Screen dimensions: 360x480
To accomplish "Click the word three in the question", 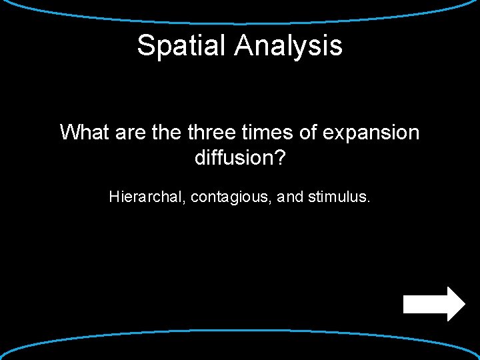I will point(211,132).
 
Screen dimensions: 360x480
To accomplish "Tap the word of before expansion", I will point(308,132).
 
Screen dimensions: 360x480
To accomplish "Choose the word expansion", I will point(371,133).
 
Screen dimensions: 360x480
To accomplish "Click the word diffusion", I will point(234,158).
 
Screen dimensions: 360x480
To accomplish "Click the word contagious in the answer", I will point(227,197).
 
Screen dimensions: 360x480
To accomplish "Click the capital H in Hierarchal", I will point(113,197).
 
